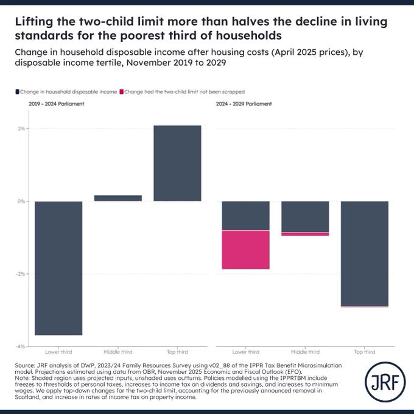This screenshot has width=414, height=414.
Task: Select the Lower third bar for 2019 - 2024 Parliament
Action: tap(58, 268)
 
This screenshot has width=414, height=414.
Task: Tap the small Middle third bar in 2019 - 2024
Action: tap(118, 198)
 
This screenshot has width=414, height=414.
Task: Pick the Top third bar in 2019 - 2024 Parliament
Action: tap(177, 163)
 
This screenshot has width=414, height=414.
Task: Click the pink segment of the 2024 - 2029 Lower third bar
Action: tap(246, 250)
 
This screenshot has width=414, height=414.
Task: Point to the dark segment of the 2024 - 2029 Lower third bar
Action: tap(246, 216)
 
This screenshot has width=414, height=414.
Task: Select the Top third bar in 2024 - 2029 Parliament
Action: tap(365, 254)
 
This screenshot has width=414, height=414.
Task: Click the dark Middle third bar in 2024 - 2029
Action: tap(305, 217)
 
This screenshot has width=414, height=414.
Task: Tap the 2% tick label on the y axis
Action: tap(21, 128)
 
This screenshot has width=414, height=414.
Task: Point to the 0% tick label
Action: tap(21, 201)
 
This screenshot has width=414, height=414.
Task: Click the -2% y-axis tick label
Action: tap(21, 274)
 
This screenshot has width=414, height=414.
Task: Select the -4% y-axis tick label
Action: tap(21, 346)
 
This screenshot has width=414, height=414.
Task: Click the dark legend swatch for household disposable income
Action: tap(17, 92)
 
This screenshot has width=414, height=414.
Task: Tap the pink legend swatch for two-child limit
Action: tap(121, 92)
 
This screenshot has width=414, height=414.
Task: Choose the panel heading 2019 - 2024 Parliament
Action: tap(57, 103)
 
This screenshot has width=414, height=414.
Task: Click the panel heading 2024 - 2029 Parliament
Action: tap(244, 103)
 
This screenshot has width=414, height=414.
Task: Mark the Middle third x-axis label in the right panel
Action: tap(305, 352)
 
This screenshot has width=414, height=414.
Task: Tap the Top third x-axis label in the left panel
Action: tap(177, 352)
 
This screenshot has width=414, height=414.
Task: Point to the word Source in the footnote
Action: tap(24, 365)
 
